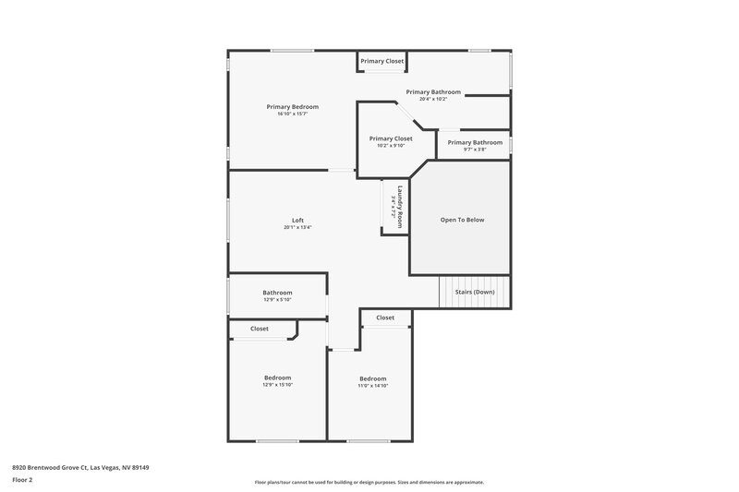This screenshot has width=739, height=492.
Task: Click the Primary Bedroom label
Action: pyautogui.click(x=292, y=107)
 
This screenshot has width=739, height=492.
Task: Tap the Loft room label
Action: pyautogui.click(x=297, y=220)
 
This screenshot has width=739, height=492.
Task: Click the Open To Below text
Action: pyautogui.click(x=462, y=220)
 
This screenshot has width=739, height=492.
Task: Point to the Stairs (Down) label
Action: pyautogui.click(x=475, y=292)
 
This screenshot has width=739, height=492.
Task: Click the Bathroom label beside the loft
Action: pyautogui.click(x=277, y=293)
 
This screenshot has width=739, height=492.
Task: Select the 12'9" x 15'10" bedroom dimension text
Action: pyautogui.click(x=277, y=385)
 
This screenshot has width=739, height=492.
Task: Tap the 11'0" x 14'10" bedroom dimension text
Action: pyautogui.click(x=372, y=386)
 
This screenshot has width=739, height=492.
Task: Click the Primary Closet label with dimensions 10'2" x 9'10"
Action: pyautogui.click(x=391, y=138)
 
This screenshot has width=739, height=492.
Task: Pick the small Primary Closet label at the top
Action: pyautogui.click(x=382, y=61)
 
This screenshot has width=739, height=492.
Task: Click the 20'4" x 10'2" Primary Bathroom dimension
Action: pyautogui.click(x=433, y=99)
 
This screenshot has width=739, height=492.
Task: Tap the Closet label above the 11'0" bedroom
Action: pyautogui.click(x=385, y=318)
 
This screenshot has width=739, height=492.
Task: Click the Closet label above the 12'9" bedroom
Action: pyautogui.click(x=260, y=329)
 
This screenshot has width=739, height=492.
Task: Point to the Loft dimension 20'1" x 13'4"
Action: pyautogui.click(x=297, y=227)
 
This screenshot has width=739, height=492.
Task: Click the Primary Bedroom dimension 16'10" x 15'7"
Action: pyautogui.click(x=292, y=114)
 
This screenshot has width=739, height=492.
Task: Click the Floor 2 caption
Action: pyautogui.click(x=23, y=480)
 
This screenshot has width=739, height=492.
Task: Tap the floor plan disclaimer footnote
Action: pyautogui.click(x=369, y=482)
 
